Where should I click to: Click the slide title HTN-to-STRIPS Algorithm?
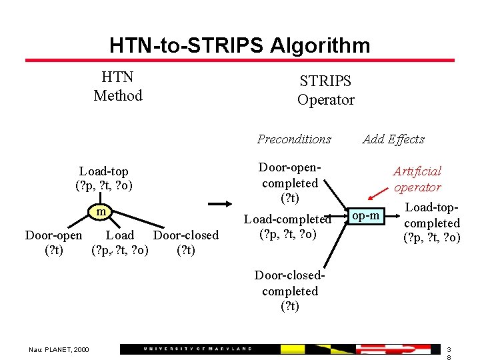click(239, 45)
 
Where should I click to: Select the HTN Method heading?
click(118, 87)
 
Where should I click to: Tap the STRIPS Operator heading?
click(325, 91)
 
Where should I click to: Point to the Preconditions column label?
click(294, 139)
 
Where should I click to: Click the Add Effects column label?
click(393, 139)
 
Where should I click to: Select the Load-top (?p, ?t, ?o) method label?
click(104, 178)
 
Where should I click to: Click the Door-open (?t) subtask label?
click(53, 243)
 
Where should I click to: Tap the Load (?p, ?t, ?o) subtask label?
click(120, 243)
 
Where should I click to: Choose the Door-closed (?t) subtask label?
click(186, 243)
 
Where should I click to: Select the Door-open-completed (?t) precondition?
click(290, 183)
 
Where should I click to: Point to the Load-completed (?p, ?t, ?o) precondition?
click(288, 227)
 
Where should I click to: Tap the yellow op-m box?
click(366, 215)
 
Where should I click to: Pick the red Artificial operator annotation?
click(417, 179)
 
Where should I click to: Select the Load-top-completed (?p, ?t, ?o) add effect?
click(432, 223)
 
